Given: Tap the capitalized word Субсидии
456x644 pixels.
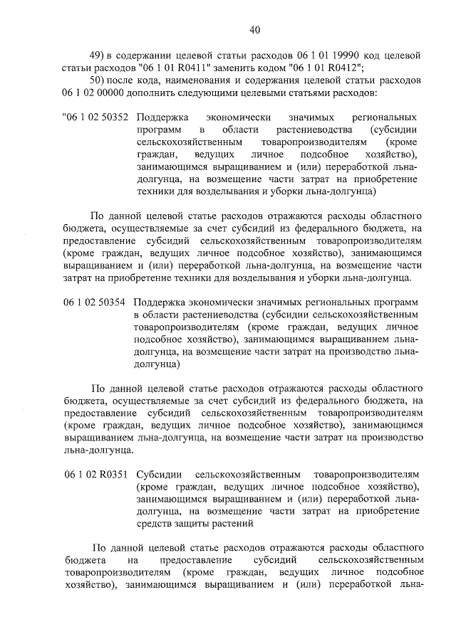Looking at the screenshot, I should pyautogui.click(x=157, y=474).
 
